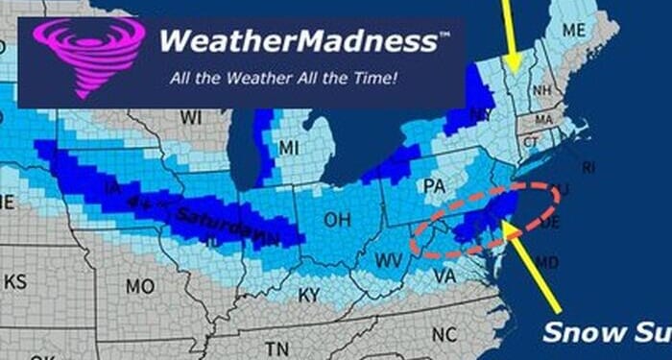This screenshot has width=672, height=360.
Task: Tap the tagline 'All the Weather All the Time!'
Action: [283, 78]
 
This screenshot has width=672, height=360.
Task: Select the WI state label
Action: [190, 117]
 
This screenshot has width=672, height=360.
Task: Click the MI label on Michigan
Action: [289, 147]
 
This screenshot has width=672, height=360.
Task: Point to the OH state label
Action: [337, 220]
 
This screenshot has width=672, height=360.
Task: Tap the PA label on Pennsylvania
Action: [434, 184]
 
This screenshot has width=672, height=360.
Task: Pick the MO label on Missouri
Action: [140, 286]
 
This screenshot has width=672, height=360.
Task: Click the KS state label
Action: [15, 281]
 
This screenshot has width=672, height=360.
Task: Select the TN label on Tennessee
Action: [277, 349]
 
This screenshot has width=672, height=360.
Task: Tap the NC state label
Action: [444, 334]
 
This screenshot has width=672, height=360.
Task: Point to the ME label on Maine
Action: [573, 30]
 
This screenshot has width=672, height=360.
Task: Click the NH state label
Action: [541, 90]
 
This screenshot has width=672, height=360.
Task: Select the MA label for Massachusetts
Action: [544, 120]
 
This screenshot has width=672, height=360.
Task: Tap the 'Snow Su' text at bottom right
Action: [604, 332]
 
